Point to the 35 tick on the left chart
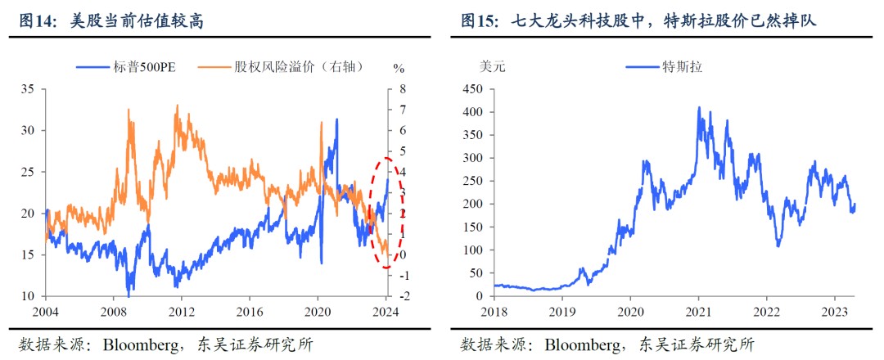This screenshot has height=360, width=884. tap(29, 88)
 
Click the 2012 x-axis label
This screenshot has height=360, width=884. tap(182, 311)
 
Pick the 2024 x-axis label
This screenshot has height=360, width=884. tap(386, 311)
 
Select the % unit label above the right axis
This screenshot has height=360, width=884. tap(399, 67)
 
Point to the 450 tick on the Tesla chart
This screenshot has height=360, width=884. tap(475, 88)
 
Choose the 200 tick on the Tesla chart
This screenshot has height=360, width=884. tap(475, 204)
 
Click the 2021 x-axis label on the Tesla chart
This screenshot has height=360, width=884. tap(698, 311)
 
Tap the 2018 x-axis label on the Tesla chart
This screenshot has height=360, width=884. tap(495, 311)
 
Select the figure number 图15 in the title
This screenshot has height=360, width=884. tap(480, 21)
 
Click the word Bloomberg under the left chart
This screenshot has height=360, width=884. tap(141, 343)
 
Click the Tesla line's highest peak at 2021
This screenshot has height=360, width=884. tap(699, 107)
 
